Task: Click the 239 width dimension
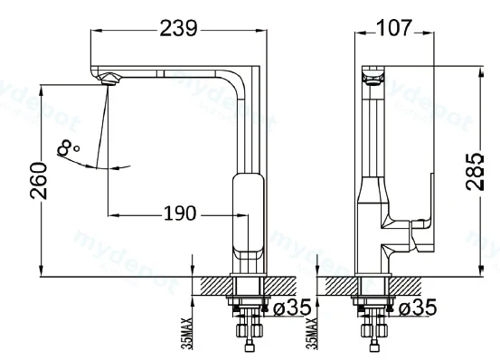tap(179, 28)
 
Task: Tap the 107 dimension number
tap(394, 27)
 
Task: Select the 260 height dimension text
tap(38, 181)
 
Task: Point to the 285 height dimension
tap(475, 172)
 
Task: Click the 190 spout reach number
tap(180, 213)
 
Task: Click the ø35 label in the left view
tap(292, 308)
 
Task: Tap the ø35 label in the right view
tap(418, 308)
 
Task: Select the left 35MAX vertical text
tap(187, 333)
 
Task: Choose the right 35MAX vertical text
tap(312, 333)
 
